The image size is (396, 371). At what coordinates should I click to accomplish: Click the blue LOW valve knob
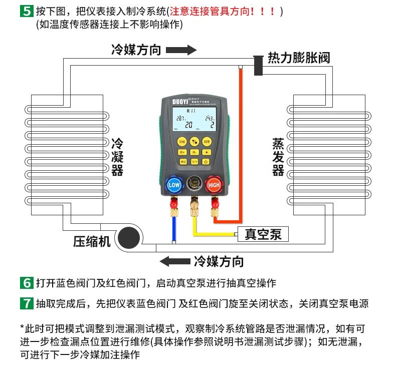(174, 185)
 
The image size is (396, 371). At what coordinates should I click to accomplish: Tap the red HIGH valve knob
(214, 185)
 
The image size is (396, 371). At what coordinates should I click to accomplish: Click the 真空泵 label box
(263, 234)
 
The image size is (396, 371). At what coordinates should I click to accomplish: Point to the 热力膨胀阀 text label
(299, 58)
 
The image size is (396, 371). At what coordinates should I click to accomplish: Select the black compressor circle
(130, 237)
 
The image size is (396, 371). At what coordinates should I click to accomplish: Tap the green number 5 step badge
(26, 11)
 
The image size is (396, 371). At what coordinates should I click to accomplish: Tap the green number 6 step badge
(26, 283)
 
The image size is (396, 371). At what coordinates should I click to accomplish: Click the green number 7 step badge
(26, 303)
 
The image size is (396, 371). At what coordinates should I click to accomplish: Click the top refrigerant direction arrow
(181, 50)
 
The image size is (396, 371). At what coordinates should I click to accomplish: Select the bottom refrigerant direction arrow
(174, 261)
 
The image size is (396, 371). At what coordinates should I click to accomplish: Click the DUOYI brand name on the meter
(173, 100)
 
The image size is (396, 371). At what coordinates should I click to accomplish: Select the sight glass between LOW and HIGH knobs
(193, 184)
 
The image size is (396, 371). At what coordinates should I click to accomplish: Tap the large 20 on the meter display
(188, 125)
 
